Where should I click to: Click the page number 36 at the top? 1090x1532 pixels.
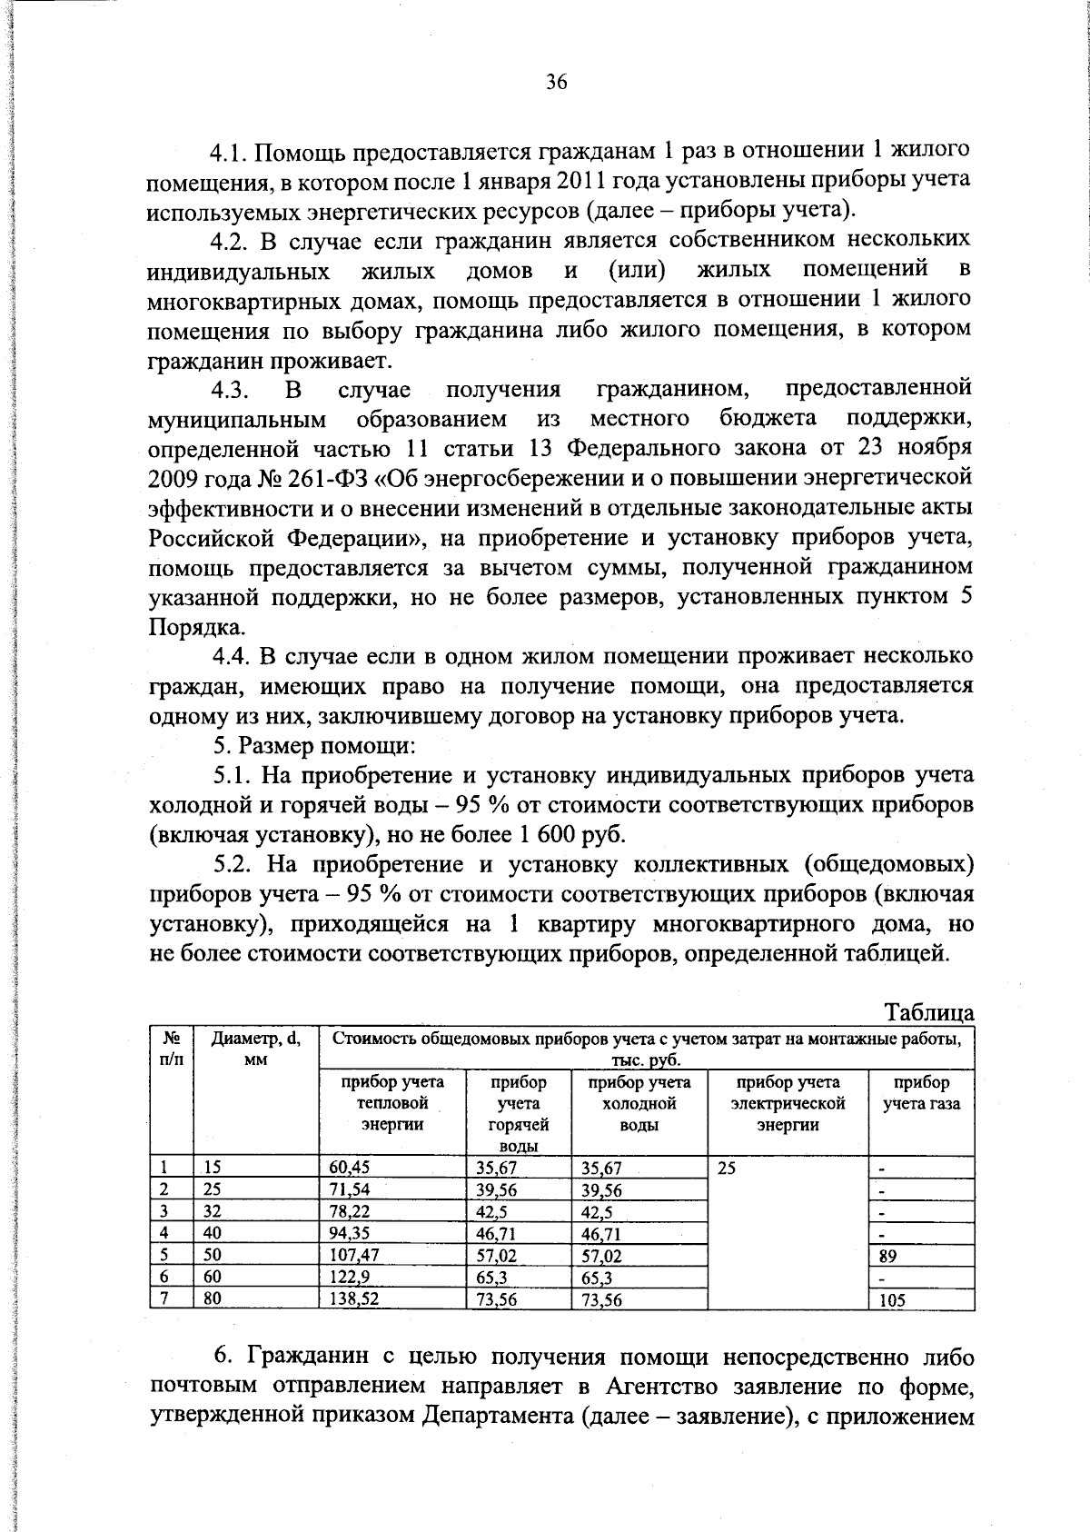click(x=557, y=82)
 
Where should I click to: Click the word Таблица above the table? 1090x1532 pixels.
click(x=928, y=1012)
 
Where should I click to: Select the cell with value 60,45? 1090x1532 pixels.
click(x=348, y=1169)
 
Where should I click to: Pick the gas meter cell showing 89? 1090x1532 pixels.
click(x=887, y=1257)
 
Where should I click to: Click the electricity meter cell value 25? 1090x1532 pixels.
click(x=726, y=1169)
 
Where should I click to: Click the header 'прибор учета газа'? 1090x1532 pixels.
click(x=921, y=1093)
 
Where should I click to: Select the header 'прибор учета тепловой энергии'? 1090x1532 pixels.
click(x=391, y=1103)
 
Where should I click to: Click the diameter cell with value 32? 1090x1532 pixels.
click(x=212, y=1212)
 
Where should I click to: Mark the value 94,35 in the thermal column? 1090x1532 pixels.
click(x=348, y=1234)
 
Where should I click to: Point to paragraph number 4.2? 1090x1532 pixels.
click(x=230, y=241)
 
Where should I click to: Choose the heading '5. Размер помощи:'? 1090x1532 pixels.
click(x=314, y=746)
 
